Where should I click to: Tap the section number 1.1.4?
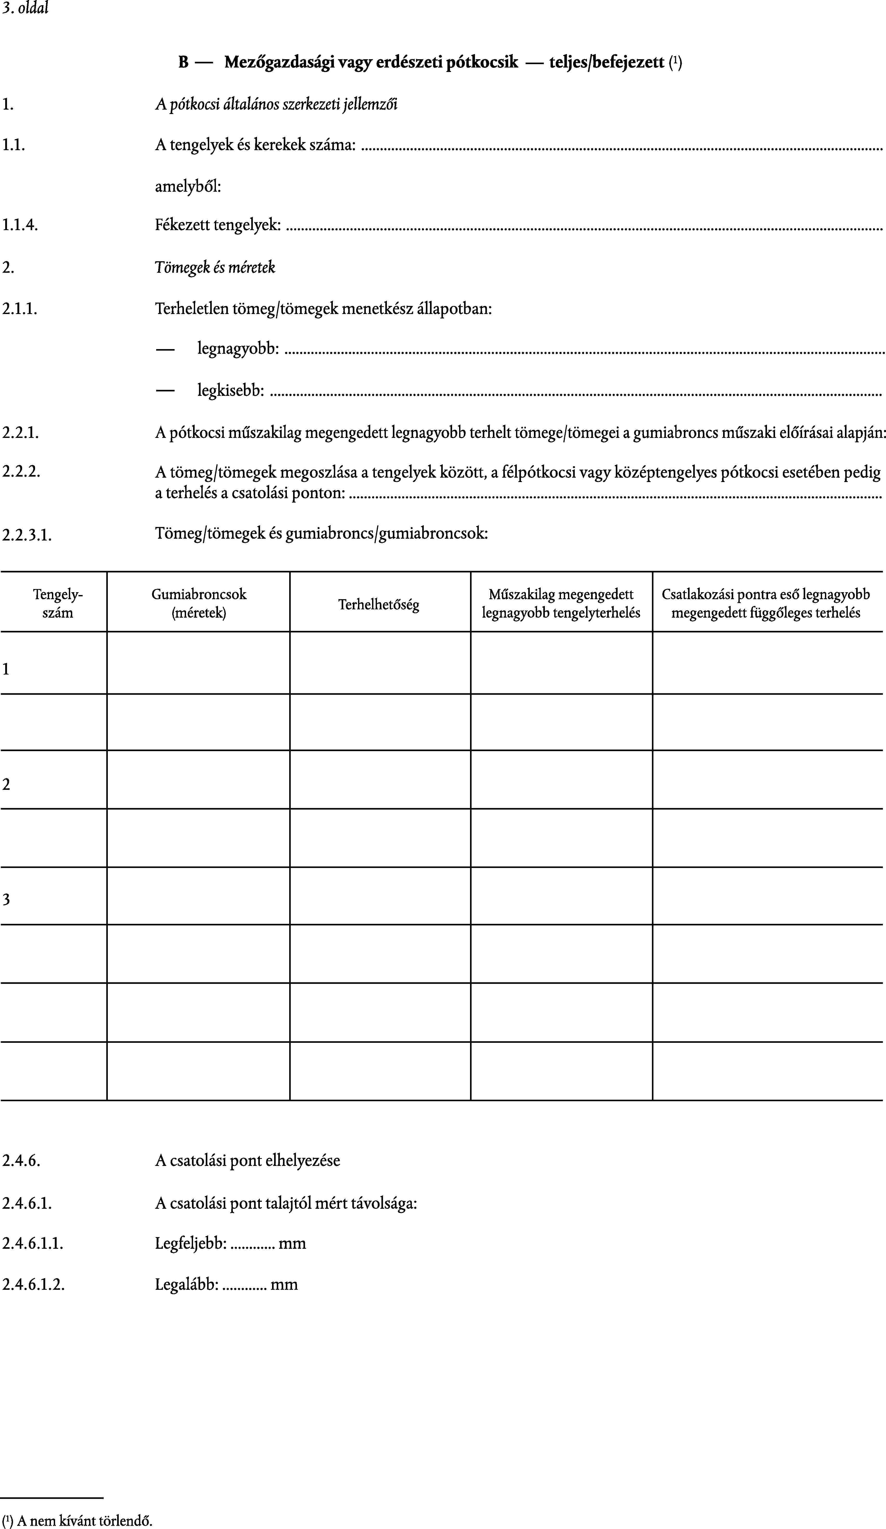(x=20, y=226)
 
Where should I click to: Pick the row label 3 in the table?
(x=6, y=899)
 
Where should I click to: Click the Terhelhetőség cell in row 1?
(x=380, y=663)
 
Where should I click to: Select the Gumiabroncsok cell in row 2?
(x=199, y=779)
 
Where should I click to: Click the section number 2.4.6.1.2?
(x=33, y=1285)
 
